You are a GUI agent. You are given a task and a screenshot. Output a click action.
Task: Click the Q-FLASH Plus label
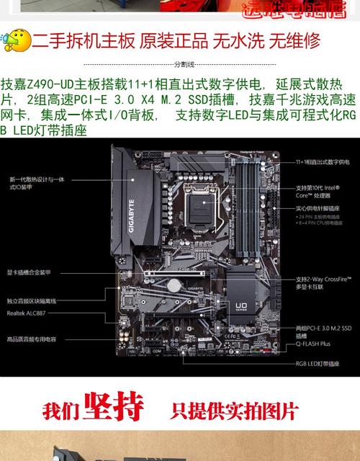(313, 346)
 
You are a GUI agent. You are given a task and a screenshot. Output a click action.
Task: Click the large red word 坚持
(112, 408)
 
